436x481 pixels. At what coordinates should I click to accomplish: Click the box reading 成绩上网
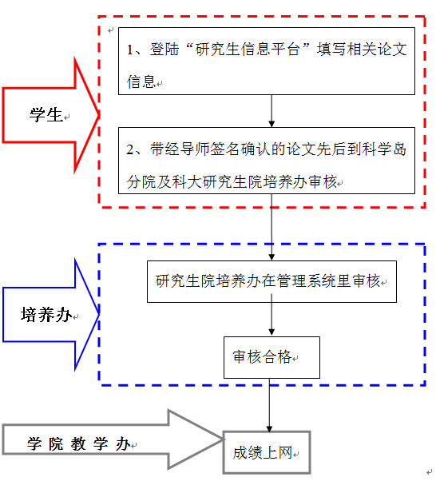[267, 433]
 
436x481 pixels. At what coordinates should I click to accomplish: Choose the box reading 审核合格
[272, 338]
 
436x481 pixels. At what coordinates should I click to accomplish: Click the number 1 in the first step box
[129, 50]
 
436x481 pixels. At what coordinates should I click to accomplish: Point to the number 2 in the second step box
[130, 149]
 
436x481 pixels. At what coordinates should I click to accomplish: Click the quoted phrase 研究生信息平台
[248, 50]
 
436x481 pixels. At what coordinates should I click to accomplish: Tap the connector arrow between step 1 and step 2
[272, 111]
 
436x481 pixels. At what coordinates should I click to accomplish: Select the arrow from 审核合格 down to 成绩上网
[270, 405]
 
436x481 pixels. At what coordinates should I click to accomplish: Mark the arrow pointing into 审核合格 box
[272, 315]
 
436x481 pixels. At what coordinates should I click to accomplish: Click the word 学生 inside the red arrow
[46, 115]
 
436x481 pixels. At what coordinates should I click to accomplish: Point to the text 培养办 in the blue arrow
[46, 315]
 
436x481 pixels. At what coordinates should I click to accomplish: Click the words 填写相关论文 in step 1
[362, 50]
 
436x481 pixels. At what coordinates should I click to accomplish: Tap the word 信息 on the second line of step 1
[141, 81]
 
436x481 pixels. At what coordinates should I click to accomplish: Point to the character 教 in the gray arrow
[78, 444]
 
